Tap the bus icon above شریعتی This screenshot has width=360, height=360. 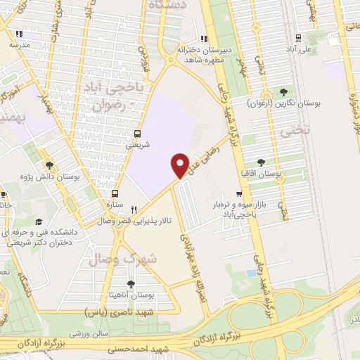(137, 134)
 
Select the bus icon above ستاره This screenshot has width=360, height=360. (116, 192)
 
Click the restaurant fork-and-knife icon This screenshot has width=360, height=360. (134, 208)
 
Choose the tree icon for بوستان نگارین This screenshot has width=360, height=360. (283, 92)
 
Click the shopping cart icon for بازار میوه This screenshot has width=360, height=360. (240, 195)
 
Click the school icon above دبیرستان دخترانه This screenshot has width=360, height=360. (204, 39)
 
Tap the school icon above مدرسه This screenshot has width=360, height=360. (20, 33)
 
